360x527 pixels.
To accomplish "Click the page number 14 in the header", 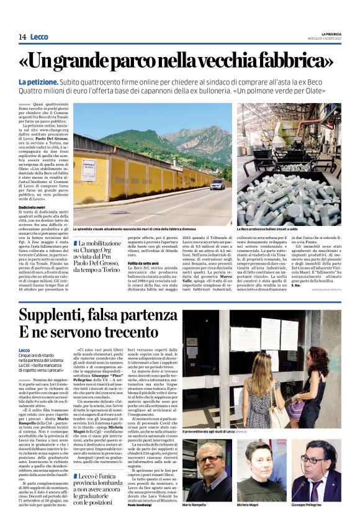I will tap(22, 37).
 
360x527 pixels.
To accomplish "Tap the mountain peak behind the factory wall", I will tap(186, 128).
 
